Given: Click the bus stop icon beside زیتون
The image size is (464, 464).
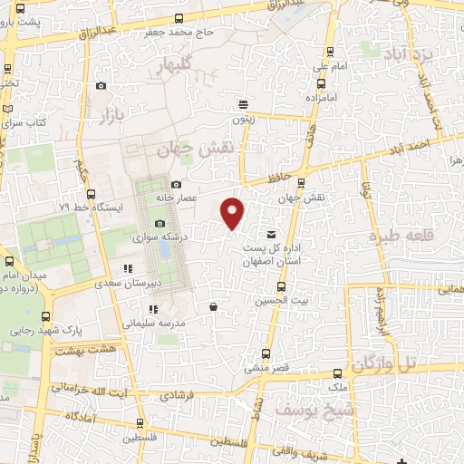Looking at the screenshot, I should click(242, 103).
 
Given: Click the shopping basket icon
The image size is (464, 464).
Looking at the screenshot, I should click(212, 307).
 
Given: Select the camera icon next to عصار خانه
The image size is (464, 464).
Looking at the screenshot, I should click(177, 184).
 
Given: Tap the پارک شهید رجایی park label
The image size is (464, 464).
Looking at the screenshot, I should click(42, 330).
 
